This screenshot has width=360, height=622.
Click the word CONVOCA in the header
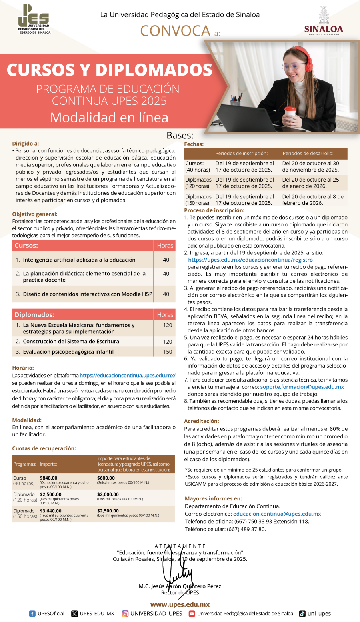pyautogui.click(x=175, y=31)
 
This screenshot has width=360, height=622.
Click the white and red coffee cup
pyautogui.click(x=290, y=114)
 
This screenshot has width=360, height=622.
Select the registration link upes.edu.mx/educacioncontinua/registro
pyautogui.click(x=250, y=260)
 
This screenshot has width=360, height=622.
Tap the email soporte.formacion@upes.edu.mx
pyautogui.click(x=302, y=387)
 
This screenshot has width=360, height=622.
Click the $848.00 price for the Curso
pyautogui.click(x=48, y=478)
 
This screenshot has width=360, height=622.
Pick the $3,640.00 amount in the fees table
pyautogui.click(x=50, y=511)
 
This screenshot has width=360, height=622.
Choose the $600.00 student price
pyautogui.click(x=106, y=478)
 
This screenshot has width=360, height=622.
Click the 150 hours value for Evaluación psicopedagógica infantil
pyautogui.click(x=168, y=352)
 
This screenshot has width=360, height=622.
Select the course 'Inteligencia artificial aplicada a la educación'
pyautogui.click(x=79, y=260)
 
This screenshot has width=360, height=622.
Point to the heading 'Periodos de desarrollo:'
pyautogui.click(x=308, y=153)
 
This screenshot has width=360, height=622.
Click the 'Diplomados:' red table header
pyautogui.click(x=34, y=315)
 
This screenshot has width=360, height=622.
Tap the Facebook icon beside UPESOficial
pyautogui.click(x=32, y=614)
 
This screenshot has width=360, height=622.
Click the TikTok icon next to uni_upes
pyautogui.click(x=302, y=614)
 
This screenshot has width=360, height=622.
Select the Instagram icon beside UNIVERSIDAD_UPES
pyautogui.click(x=125, y=614)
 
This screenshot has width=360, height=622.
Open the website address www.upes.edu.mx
pyautogui.click(x=180, y=604)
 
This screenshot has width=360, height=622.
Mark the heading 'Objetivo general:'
pyautogui.click(x=35, y=214)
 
